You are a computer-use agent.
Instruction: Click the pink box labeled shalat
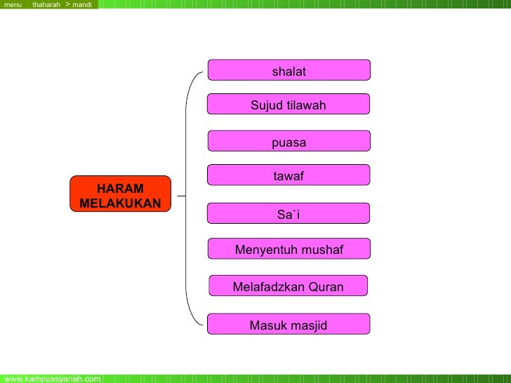pos(288,71)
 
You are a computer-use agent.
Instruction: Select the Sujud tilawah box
pos(288,105)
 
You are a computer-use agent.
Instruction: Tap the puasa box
pos(288,142)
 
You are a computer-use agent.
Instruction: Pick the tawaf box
pos(288,176)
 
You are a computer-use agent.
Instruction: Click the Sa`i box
pos(288,215)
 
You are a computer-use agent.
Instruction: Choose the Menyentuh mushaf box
pos(288,250)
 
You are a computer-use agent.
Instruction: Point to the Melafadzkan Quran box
pos(288,286)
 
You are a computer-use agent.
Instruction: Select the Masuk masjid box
pos(288,325)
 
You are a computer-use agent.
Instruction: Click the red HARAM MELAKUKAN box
pos(120,195)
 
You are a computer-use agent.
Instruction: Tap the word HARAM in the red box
pos(120,189)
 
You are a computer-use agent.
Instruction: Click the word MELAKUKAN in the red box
pos(120,203)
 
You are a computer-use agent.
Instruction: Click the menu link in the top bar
pos(13,5)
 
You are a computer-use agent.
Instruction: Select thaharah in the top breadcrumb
pos(46,5)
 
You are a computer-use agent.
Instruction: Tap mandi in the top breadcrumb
pos(82,5)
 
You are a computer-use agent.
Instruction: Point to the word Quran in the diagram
pos(326,286)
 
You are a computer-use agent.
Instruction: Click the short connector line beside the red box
pos(181,196)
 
